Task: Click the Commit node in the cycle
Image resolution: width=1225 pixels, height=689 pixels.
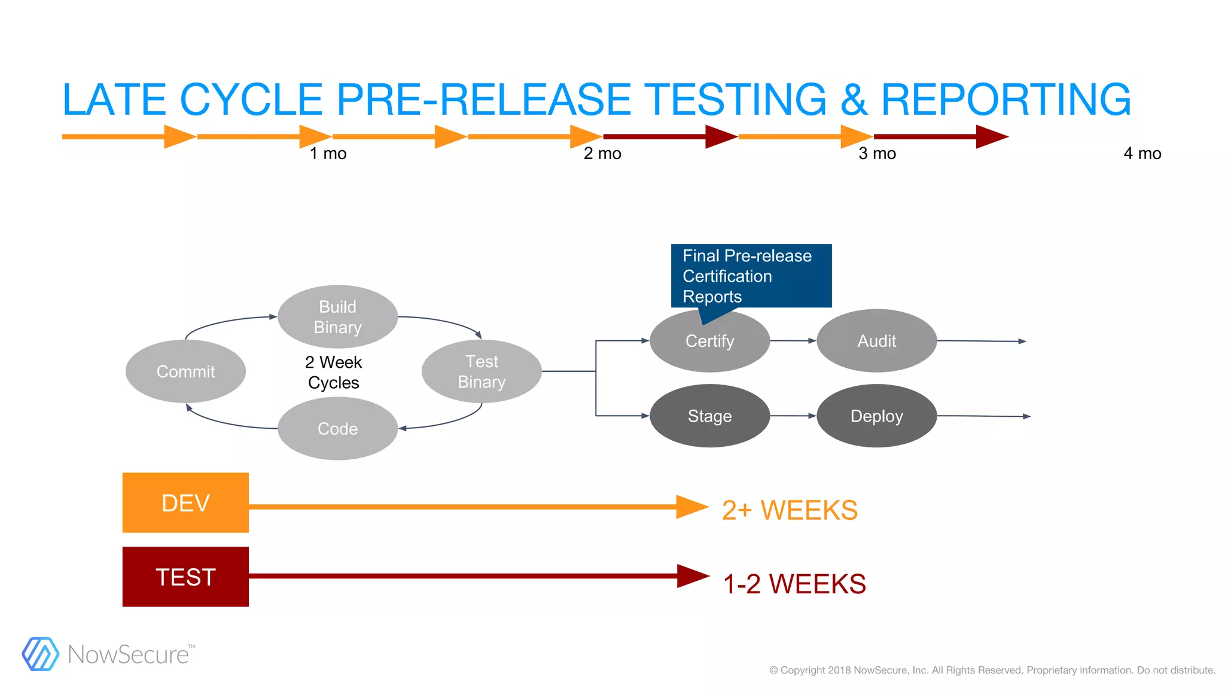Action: (x=185, y=371)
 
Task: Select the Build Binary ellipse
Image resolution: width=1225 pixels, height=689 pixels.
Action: (x=337, y=317)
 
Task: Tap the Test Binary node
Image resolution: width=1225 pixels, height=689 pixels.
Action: (x=482, y=371)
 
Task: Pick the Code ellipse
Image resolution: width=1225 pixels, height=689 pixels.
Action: (x=337, y=428)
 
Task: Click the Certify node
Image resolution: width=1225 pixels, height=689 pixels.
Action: (x=709, y=341)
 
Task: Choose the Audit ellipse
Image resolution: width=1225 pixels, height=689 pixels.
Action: (x=876, y=341)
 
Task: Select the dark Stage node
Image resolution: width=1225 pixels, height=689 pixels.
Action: (x=709, y=416)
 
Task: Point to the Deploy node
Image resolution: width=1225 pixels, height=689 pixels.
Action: (x=876, y=416)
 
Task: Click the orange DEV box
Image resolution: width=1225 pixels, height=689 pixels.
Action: (x=185, y=502)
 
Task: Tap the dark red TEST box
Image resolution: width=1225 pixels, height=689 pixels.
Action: (x=185, y=577)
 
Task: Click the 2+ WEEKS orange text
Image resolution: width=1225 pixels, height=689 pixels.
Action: (x=790, y=510)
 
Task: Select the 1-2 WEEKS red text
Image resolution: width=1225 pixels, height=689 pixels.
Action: (x=794, y=584)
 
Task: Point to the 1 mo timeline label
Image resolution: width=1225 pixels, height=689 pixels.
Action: (x=328, y=154)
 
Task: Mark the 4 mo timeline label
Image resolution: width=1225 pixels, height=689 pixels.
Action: (x=1142, y=154)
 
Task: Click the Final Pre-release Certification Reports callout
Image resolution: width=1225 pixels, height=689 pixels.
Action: (x=751, y=276)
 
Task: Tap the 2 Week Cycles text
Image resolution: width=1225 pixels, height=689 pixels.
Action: (x=333, y=372)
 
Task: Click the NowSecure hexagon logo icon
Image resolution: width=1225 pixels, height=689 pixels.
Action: (x=40, y=654)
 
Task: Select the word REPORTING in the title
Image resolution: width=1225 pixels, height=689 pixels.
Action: (x=1006, y=99)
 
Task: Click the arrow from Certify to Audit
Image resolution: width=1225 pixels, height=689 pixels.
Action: (x=793, y=341)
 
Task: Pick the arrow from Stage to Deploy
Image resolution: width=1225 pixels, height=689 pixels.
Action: (x=793, y=416)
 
